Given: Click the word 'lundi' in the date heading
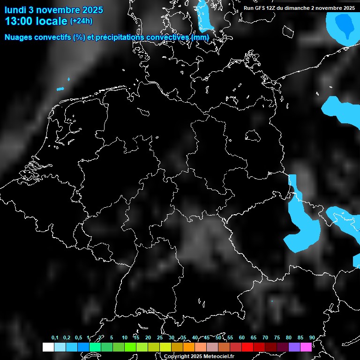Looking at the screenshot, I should coord(15,10).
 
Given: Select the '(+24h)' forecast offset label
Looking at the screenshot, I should coord(81,21).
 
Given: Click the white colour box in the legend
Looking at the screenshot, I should coord(48,347).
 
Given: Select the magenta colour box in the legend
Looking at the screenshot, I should coord(306,347).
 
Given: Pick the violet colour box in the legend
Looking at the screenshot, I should coord(294,347).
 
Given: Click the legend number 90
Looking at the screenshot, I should coord(312,338).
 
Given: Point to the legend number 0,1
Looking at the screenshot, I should coord(55,338).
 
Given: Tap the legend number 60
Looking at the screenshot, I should coord(241,338).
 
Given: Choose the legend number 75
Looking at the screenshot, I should coord(277,338).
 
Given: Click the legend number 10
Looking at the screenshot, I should coord(124,338).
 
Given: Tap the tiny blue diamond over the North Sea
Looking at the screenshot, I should coord(69,79).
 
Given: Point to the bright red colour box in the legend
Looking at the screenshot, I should coord(247,347).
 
